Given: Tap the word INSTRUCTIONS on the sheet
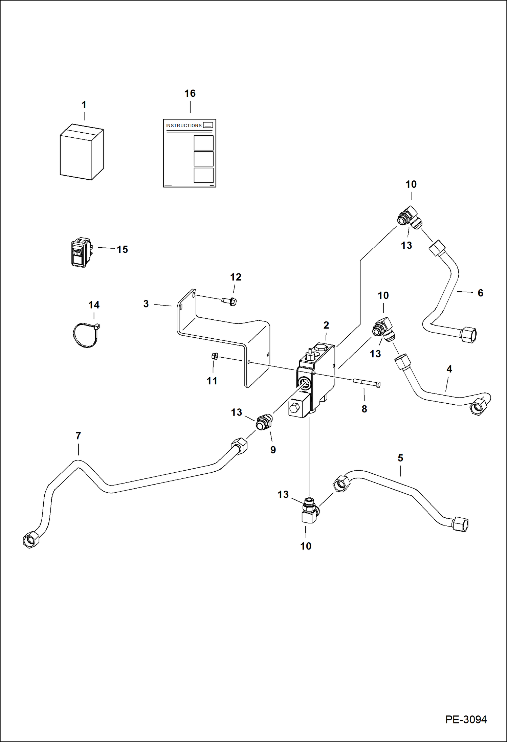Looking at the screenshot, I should point(184,126).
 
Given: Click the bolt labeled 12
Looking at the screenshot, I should point(229,301).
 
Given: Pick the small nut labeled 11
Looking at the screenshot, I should point(215,356).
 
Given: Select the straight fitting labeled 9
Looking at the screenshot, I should point(264,422).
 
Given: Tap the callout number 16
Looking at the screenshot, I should point(190,93).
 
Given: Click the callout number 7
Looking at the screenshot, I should point(78,436).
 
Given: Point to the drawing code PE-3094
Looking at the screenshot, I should point(466,719).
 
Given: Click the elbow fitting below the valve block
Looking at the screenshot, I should point(309,511).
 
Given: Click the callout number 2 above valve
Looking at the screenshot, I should point(326,325).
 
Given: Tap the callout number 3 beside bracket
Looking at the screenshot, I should point(146,303).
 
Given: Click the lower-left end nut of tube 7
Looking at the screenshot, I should point(31,539).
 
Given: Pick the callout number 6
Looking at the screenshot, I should point(480,293).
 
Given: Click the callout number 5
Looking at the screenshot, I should point(400,458).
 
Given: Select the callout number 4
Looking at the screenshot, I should point(449,369).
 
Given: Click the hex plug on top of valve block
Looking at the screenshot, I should point(321,347).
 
